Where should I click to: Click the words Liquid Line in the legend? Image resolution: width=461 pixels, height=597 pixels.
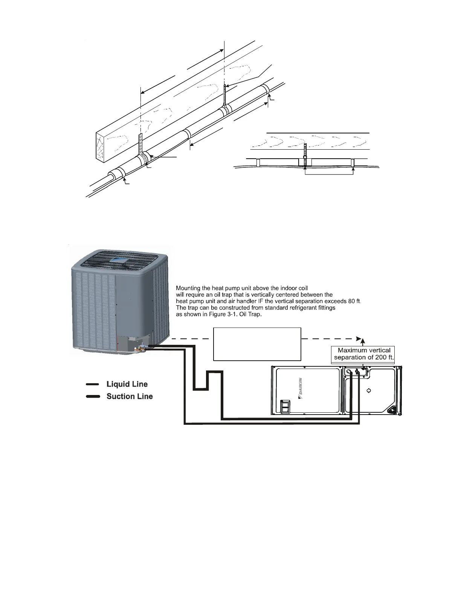point(127,384)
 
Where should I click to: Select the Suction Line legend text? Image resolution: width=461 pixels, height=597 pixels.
point(130,396)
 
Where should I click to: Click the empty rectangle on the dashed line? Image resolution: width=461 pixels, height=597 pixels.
point(257,344)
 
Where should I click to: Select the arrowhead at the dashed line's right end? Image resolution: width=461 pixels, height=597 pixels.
point(359,338)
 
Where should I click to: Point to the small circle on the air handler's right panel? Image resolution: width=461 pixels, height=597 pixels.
point(369,390)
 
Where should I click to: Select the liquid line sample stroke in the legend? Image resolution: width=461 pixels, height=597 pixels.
point(93,384)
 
